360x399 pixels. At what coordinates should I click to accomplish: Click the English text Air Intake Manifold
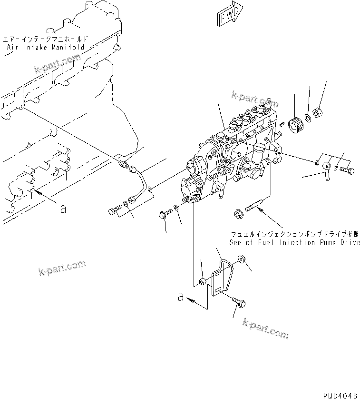[x=46, y=47]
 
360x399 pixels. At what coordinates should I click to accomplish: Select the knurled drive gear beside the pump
[x=295, y=125]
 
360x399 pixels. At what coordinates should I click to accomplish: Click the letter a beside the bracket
[x=181, y=298]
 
